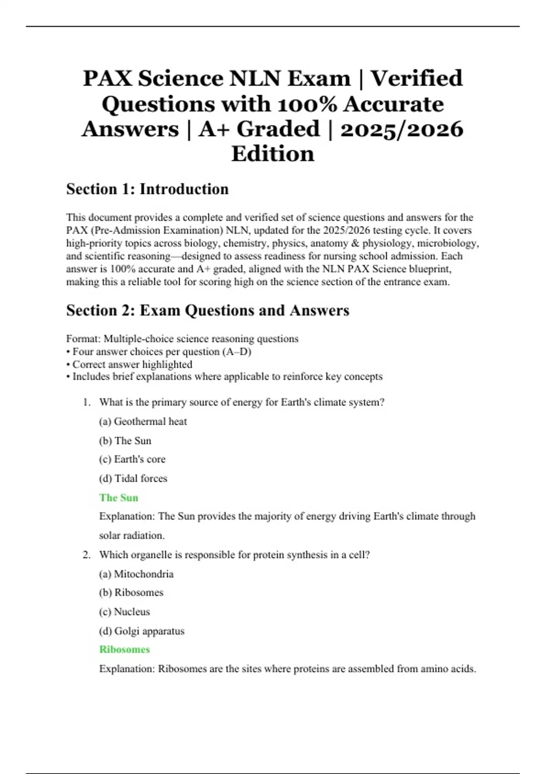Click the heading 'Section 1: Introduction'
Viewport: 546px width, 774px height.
(147, 189)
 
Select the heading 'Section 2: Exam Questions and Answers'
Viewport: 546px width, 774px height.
(207, 310)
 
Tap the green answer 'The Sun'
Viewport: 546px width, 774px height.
(119, 498)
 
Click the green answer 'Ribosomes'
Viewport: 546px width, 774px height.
(125, 649)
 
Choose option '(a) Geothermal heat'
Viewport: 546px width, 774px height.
(143, 422)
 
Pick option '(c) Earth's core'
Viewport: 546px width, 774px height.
(132, 459)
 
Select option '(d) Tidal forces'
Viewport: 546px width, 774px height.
(133, 479)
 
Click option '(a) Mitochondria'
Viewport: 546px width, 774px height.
(136, 574)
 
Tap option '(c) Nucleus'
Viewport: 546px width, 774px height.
(125, 612)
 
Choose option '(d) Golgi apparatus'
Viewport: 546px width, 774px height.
(142, 631)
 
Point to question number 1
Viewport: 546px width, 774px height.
(86, 402)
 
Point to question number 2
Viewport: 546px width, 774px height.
(86, 555)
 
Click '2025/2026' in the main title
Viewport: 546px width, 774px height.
(402, 129)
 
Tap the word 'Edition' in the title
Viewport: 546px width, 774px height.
(273, 154)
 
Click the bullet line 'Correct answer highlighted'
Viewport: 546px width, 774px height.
(130, 364)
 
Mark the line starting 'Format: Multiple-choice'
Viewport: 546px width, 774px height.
(182, 339)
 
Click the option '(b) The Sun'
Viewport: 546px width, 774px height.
(125, 441)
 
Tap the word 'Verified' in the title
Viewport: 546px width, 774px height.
(416, 78)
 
